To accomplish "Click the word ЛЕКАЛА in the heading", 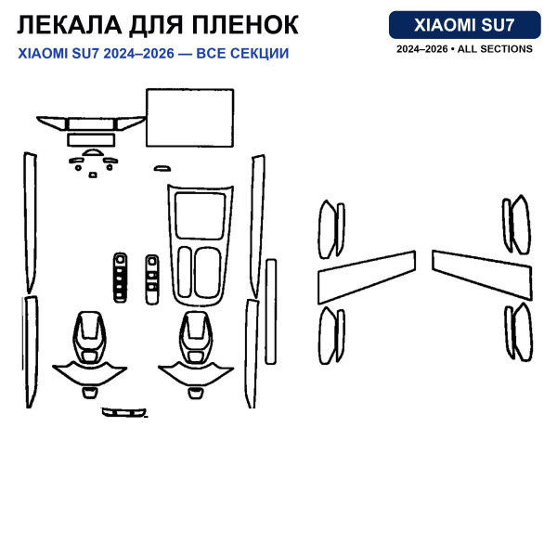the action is [x=70, y=25].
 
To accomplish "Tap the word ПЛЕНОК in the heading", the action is [x=245, y=25].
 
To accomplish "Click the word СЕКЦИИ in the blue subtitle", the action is [x=259, y=54].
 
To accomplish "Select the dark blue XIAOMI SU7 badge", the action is [x=465, y=25].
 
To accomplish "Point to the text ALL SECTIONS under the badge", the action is [x=495, y=49].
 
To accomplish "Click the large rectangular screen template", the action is [x=190, y=118].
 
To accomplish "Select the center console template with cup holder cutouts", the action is [x=200, y=245].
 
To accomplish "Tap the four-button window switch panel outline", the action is [x=120, y=278].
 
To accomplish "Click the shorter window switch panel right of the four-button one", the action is [x=152, y=279].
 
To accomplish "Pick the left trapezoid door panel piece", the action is [x=367, y=278].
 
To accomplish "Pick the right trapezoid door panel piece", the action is [x=482, y=276].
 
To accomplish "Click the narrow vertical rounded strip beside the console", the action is [x=271, y=312].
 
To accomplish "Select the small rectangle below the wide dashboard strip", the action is [x=91, y=140].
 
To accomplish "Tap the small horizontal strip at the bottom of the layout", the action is [x=124, y=412].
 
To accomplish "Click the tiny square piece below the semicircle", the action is [x=93, y=175].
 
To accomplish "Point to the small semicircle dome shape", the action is [x=93, y=153].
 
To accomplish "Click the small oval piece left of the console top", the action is [x=162, y=168].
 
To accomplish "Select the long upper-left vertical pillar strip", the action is [x=31, y=223].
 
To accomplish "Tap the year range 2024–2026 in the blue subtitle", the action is [x=138, y=54].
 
